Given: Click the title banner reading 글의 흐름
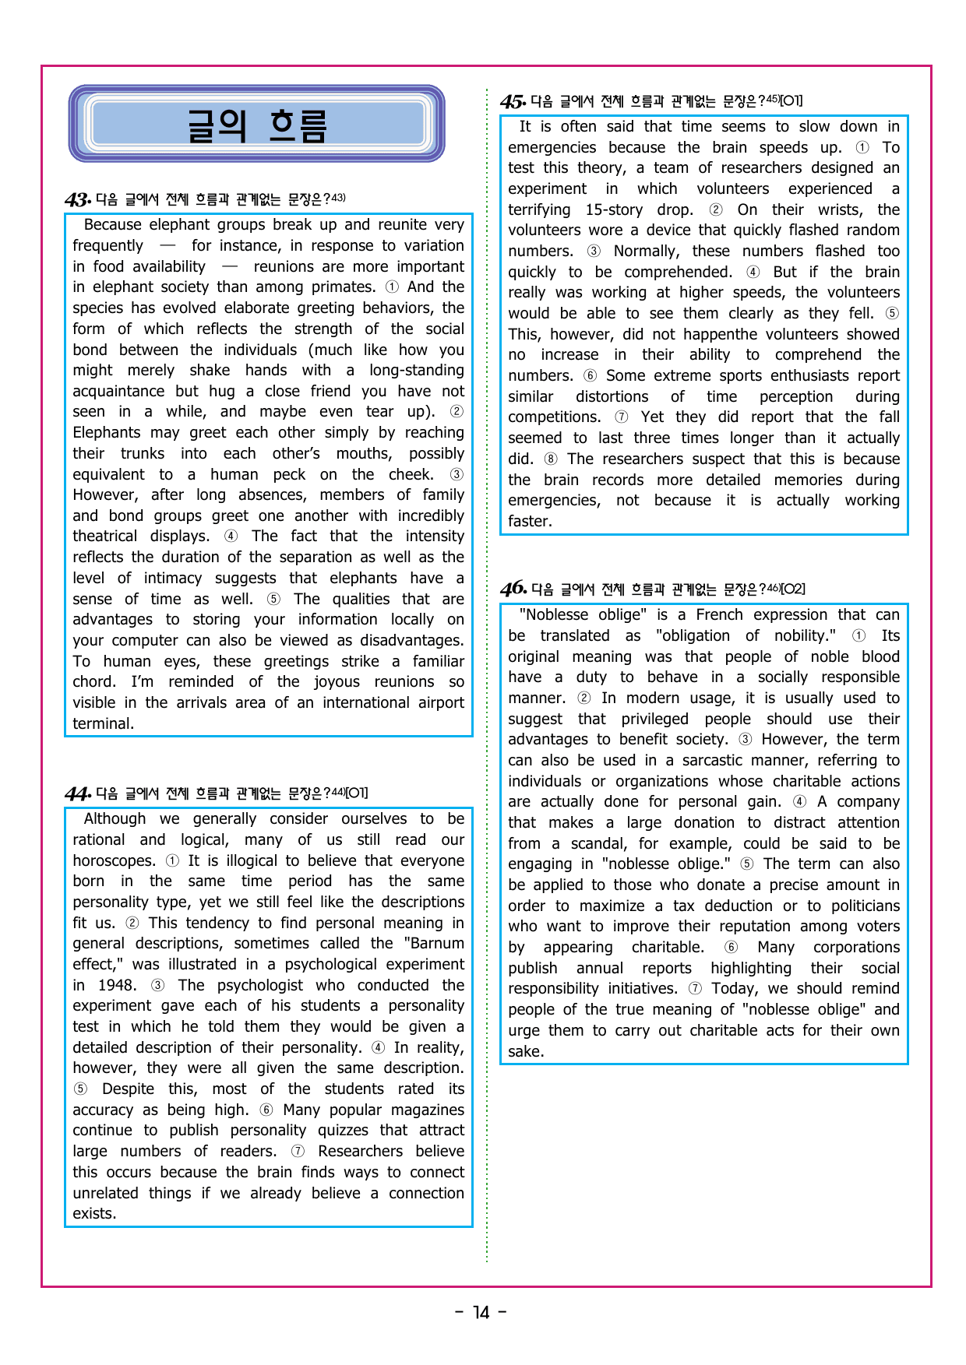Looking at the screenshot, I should tap(256, 125).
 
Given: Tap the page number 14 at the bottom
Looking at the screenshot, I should tap(481, 1313).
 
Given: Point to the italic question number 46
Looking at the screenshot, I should tap(513, 589).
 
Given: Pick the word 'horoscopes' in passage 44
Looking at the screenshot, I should tap(114, 860).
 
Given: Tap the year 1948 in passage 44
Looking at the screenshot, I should tap(116, 985).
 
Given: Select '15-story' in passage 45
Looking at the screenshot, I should tap(614, 209).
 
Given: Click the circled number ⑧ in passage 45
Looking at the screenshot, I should tap(550, 459).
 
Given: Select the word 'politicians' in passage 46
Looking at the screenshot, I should tap(865, 906).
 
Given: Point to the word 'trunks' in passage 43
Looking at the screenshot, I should tap(143, 453).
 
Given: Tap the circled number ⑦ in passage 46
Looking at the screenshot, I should tap(694, 988).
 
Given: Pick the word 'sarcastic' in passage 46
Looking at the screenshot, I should tap(716, 760).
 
